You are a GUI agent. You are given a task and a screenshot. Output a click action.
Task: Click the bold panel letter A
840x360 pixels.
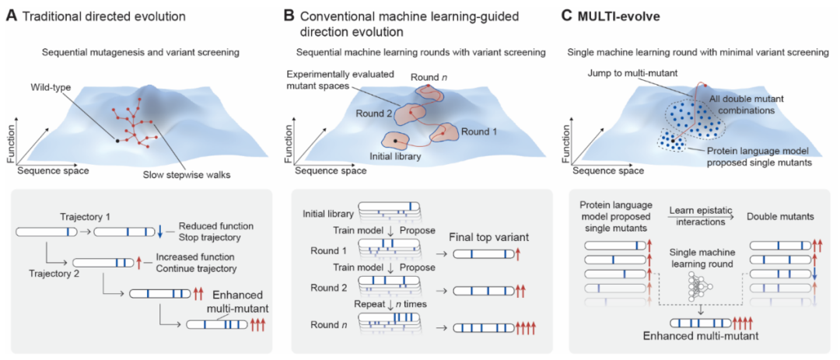pos(11,15)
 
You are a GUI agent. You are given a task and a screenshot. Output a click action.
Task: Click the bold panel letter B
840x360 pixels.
pos(289,15)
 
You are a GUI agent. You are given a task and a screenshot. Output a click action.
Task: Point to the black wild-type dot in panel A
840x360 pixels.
pos(117,141)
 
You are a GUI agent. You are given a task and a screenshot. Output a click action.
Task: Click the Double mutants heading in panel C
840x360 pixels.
pos(786,218)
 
